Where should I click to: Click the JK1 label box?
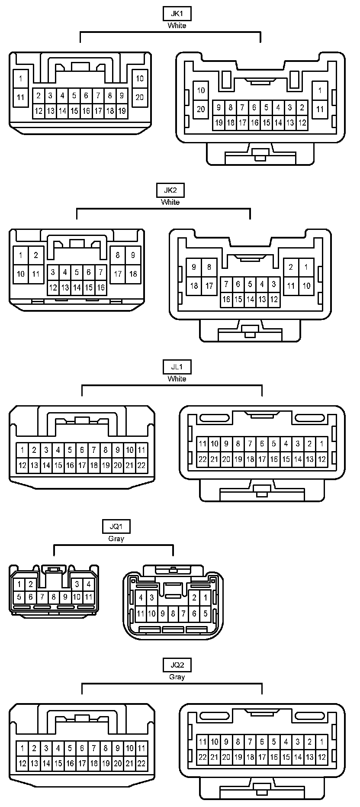177,13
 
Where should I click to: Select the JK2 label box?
170,190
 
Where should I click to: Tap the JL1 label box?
177,367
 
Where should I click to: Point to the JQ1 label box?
116,526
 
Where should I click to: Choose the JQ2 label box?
177,665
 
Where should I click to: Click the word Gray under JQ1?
116,539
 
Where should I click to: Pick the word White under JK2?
170,202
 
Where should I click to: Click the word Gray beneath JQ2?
177,677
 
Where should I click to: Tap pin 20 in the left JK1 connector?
139,97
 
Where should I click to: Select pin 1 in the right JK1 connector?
320,90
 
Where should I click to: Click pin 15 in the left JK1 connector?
74,111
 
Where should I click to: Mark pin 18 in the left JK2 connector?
133,274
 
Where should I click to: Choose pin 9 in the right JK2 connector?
194,267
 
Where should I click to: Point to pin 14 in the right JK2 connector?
250,299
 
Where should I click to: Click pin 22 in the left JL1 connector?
141,466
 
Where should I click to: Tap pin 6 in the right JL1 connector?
262,444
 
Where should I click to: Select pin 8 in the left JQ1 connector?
54,597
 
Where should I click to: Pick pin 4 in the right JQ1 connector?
141,598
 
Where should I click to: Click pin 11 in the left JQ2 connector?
141,748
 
